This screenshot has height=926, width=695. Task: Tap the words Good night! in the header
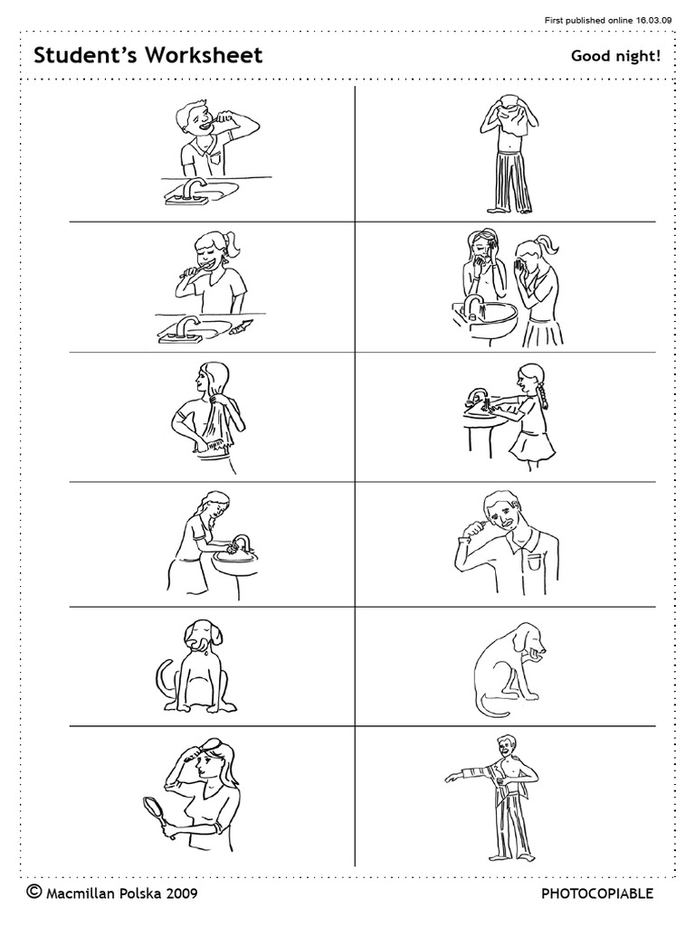point(615,57)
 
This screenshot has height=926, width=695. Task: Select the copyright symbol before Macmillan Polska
point(34,893)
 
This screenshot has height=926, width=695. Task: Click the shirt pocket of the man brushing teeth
point(538,561)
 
